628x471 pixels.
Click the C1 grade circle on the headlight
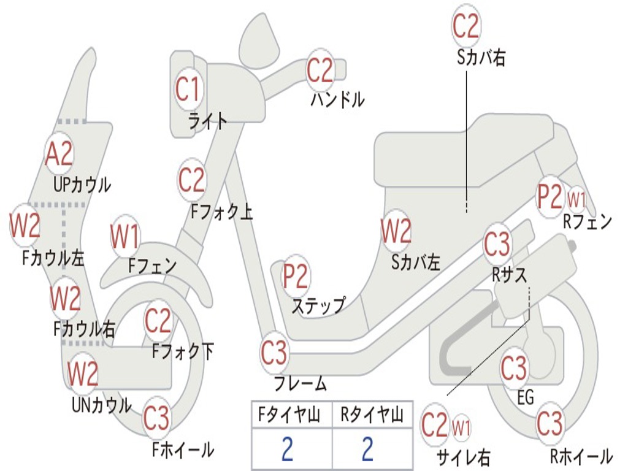[188, 90]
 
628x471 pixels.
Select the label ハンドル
[337, 99]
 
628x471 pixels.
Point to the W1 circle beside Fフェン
[125, 236]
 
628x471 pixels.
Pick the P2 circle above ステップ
[296, 277]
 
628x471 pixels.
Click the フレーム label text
[301, 385]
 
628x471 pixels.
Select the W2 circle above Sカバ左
[396, 231]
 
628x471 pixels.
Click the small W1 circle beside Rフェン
[576, 199]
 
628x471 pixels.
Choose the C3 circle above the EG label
[514, 368]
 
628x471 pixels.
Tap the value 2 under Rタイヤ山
[367, 450]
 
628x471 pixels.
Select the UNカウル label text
[102, 405]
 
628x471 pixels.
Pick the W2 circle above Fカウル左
[25, 226]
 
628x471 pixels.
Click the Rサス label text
[510, 275]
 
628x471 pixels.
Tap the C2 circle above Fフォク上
[192, 180]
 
